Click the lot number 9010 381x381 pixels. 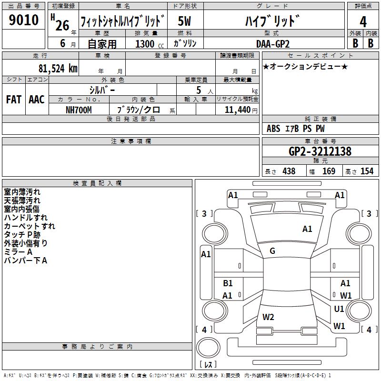(x=24, y=21)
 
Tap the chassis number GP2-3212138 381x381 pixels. (x=320, y=151)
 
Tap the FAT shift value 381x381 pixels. (x=13, y=100)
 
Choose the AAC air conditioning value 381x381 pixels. (x=36, y=100)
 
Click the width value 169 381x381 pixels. (x=329, y=171)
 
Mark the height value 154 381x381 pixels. (x=367, y=171)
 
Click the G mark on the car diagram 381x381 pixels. (x=272, y=251)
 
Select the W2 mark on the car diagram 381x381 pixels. (x=268, y=317)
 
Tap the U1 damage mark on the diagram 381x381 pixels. (x=339, y=309)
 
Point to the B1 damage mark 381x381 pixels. (x=228, y=283)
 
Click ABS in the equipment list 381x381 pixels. (x=273, y=129)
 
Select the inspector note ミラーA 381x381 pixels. (x=18, y=251)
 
